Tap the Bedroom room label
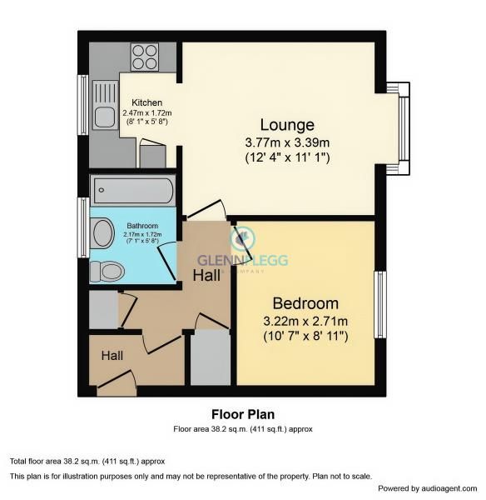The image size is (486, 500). pos(305,303)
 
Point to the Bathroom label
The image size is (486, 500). pos(141,226)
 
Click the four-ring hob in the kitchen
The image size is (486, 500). pos(145,57)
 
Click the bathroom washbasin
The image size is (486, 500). pos(103,232)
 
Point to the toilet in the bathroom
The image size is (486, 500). pos(109,271)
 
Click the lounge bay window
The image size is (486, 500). pos(404,129)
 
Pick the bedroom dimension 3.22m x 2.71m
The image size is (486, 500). pos(305,320)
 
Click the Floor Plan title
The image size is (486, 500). pos(242,414)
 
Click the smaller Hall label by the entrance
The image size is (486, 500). pos(112,356)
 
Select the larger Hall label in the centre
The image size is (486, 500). pos(208,273)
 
